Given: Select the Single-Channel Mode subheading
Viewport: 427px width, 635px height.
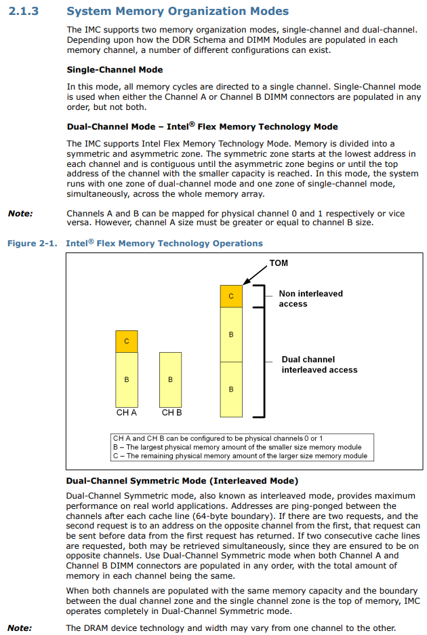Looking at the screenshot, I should tap(115, 70).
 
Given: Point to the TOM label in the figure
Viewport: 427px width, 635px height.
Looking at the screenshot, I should tap(279, 263).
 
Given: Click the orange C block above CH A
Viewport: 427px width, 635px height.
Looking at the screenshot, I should tap(126, 341).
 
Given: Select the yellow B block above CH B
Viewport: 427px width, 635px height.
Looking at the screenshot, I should tap(170, 379).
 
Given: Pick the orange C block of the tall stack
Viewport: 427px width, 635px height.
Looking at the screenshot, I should tap(231, 296).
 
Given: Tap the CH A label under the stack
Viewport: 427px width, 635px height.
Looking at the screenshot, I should tap(127, 412).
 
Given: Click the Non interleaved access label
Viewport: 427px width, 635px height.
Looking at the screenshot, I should tap(310, 299).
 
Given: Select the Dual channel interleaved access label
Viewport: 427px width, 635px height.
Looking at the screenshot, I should tap(319, 364).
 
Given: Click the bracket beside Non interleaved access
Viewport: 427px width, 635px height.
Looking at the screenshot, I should tap(259, 296).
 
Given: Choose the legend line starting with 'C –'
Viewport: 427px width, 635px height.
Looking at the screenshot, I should tap(239, 456).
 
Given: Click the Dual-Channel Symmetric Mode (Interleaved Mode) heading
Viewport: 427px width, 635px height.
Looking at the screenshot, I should tap(182, 481).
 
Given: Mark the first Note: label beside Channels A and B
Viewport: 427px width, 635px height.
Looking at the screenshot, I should tap(20, 214).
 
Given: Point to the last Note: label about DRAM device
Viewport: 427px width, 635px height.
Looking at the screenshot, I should tap(20, 628).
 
